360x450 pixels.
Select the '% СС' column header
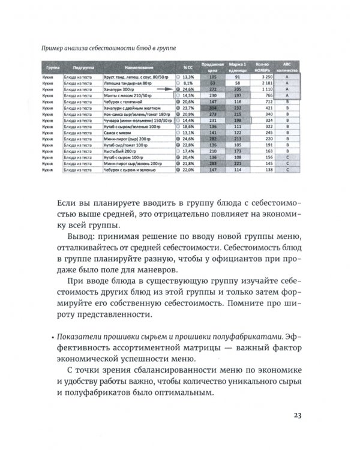pyautogui.click(x=187, y=69)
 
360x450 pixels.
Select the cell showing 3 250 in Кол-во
pyautogui.click(x=264, y=77)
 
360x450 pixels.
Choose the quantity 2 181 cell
pyautogui.click(x=264, y=83)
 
